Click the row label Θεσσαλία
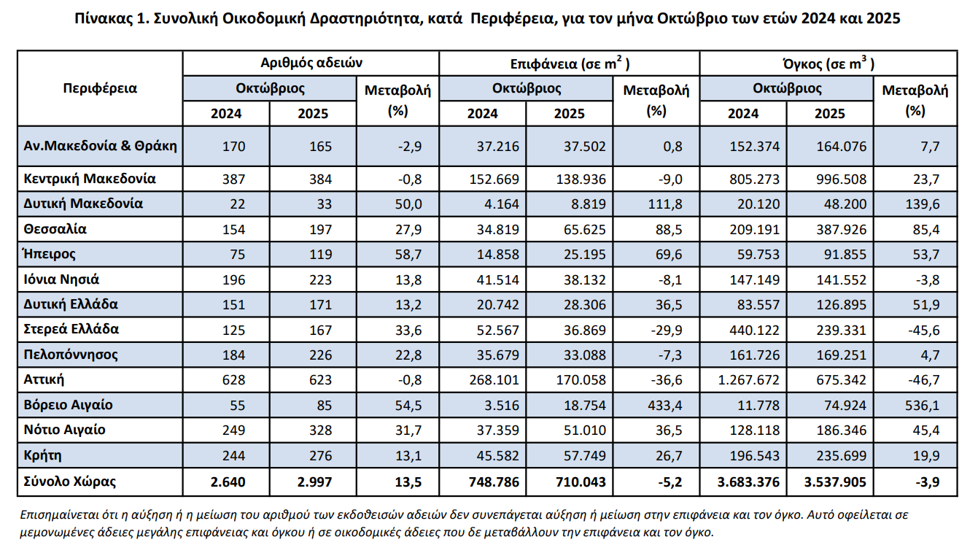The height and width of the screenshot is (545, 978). (55, 229)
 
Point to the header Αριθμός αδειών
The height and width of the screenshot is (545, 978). (311, 63)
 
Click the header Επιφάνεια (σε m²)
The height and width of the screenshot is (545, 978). (568, 63)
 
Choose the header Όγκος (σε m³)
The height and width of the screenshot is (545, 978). (828, 63)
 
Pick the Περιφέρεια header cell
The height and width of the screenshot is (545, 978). (100, 89)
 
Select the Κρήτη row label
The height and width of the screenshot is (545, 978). (42, 455)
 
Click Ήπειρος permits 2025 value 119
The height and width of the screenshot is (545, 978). (319, 255)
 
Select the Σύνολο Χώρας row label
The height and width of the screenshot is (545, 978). (69, 482)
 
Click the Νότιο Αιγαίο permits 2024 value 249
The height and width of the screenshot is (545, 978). (234, 430)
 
